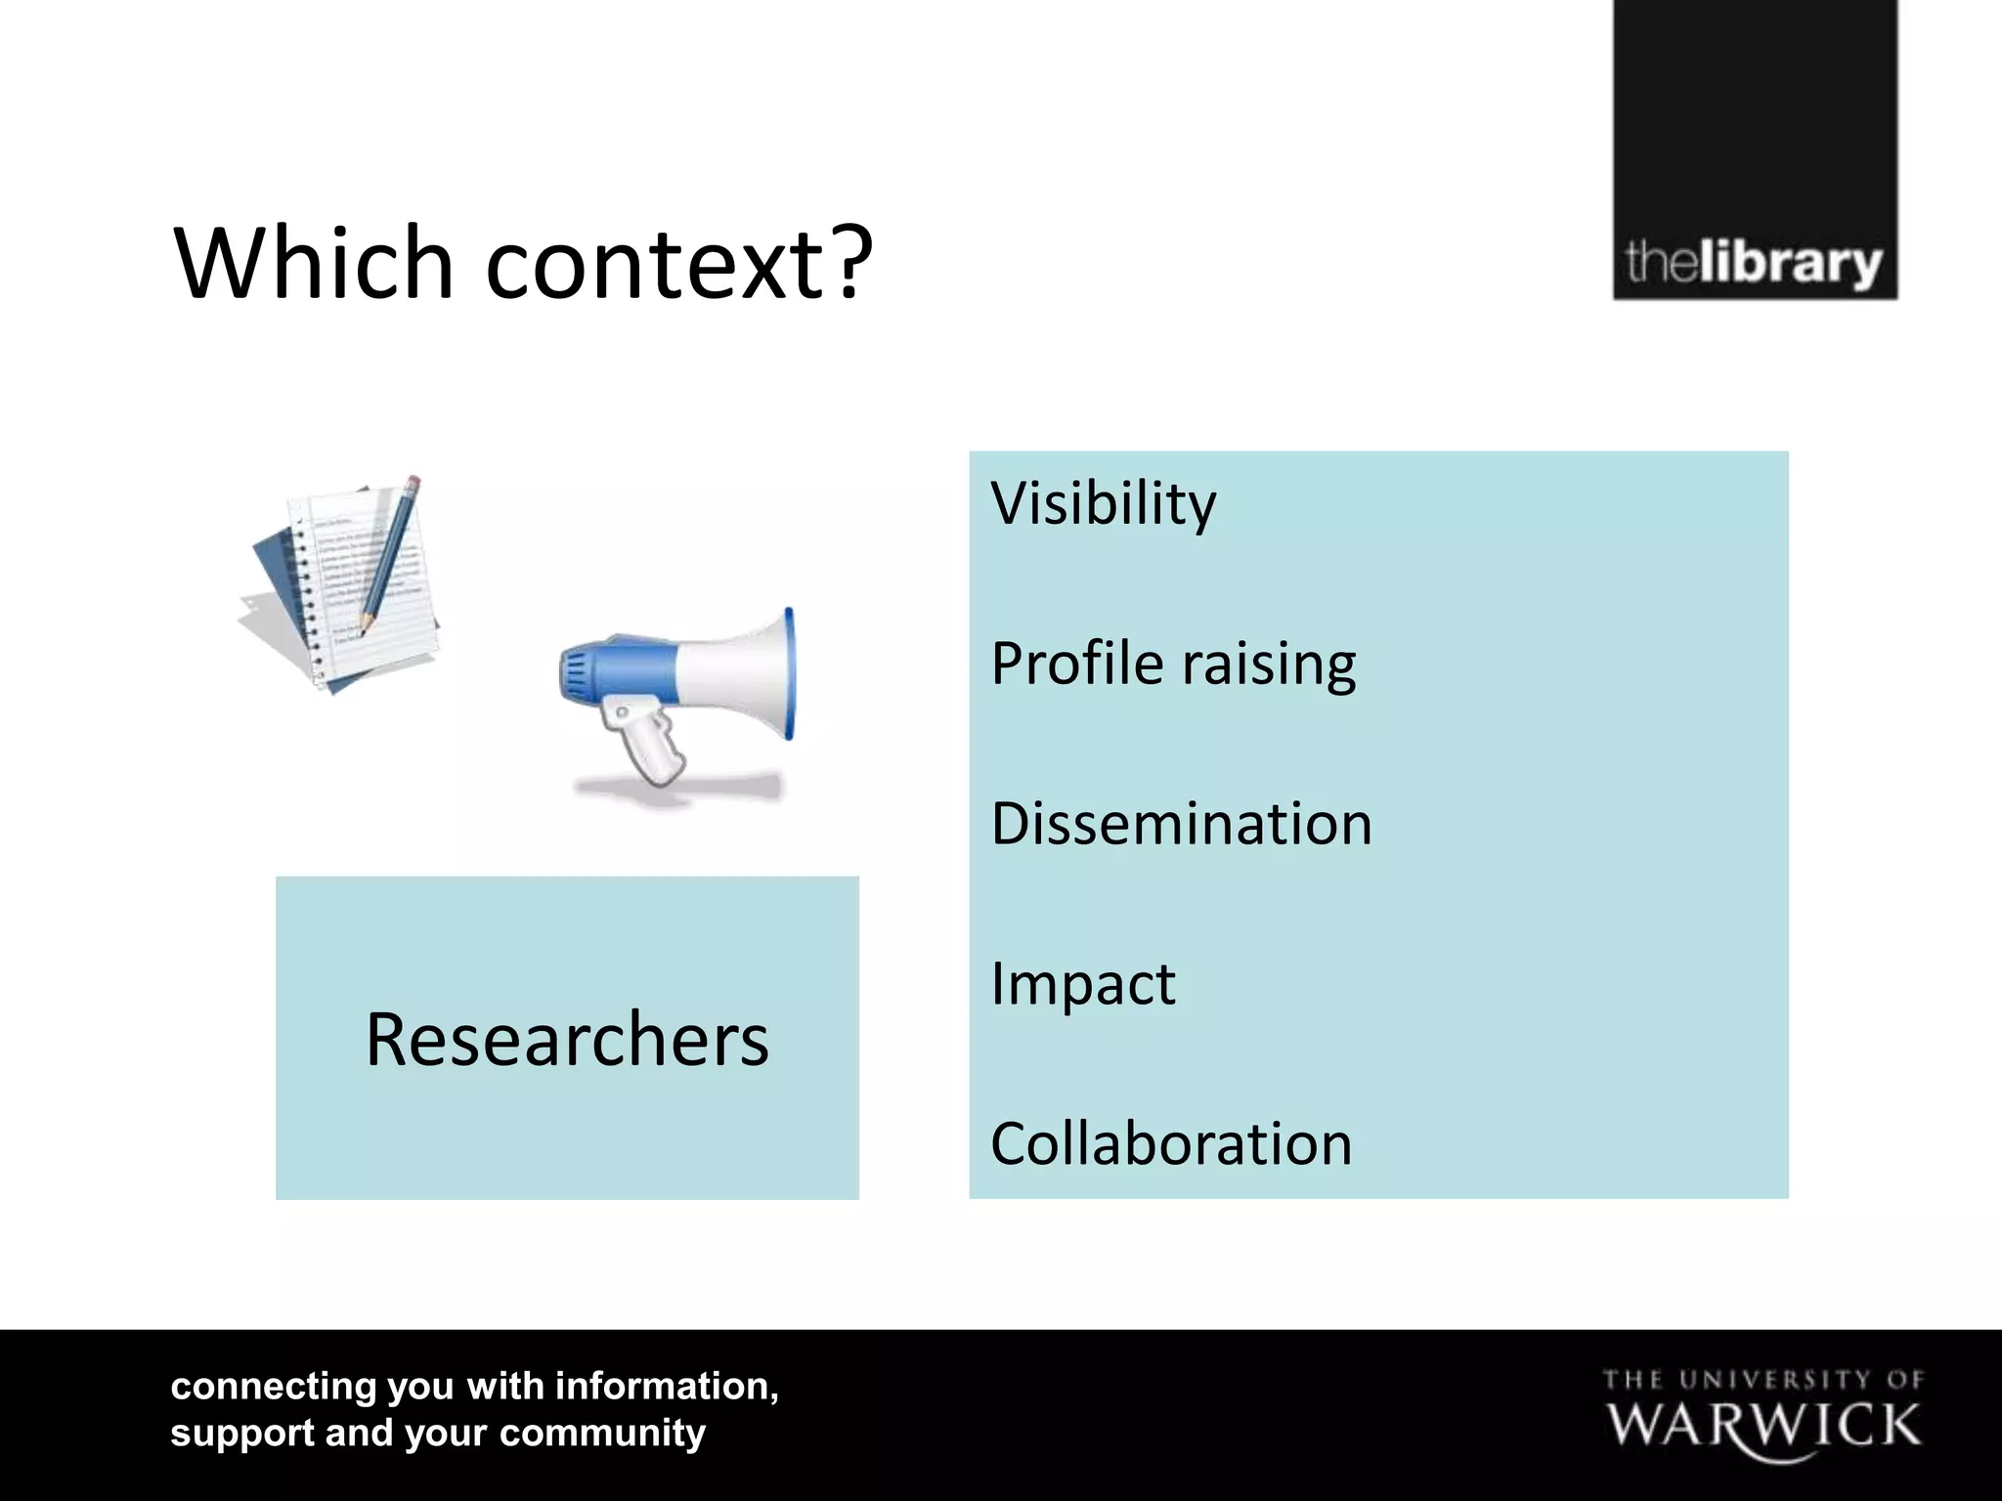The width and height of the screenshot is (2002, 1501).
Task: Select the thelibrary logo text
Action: [x=1754, y=263]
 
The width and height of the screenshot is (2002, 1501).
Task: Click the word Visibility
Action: [x=1103, y=504]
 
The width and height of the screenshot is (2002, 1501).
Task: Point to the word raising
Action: [x=1269, y=666]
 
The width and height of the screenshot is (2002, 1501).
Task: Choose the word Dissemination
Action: [x=1181, y=824]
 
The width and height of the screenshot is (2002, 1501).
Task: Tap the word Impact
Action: [x=1082, y=984]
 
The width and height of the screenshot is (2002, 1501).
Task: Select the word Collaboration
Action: [x=1171, y=1143]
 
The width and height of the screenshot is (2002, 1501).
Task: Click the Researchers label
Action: [x=567, y=1039]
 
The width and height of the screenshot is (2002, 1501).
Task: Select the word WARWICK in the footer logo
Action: [x=1763, y=1427]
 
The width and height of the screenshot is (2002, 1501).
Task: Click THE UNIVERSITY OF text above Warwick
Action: [x=1763, y=1380]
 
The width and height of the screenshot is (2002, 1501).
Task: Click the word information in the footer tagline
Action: [x=666, y=1387]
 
